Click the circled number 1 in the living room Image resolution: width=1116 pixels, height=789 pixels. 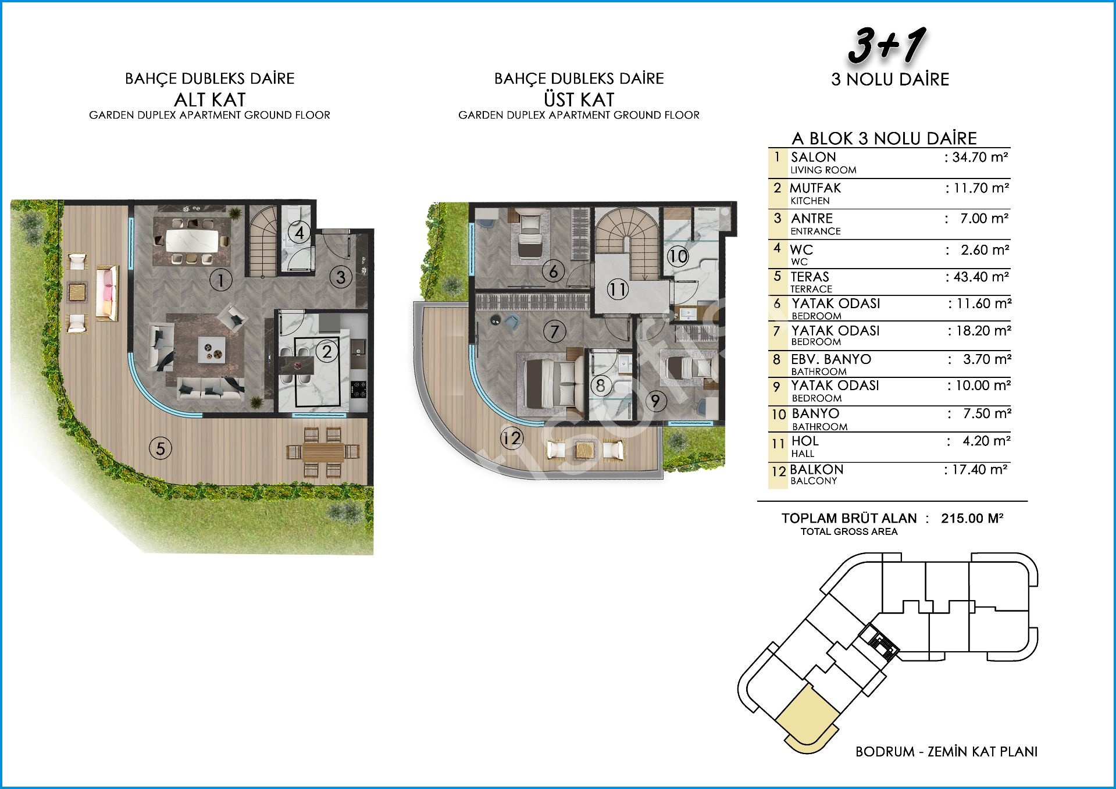click(221, 280)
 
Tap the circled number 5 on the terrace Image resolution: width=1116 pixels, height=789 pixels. click(161, 448)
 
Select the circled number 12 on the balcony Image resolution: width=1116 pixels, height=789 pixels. click(512, 437)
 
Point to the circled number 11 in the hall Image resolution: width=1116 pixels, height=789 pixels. click(618, 289)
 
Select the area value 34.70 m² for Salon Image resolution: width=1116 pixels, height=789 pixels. click(977, 157)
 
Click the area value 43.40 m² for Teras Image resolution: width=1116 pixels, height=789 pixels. click(977, 277)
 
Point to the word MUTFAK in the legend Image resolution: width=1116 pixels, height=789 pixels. click(815, 188)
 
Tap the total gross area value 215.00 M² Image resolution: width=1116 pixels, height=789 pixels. click(972, 518)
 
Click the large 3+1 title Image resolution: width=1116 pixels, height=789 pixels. click(887, 47)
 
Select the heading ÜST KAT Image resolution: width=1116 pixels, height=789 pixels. click(579, 99)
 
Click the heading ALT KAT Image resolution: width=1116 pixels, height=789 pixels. click(210, 99)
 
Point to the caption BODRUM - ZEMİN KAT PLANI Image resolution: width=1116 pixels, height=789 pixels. click(947, 752)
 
